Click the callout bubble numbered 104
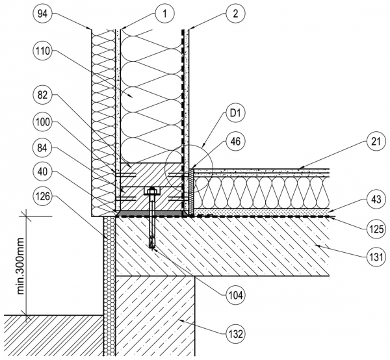click(x=235, y=294)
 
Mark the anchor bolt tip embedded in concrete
click(x=152, y=244)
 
